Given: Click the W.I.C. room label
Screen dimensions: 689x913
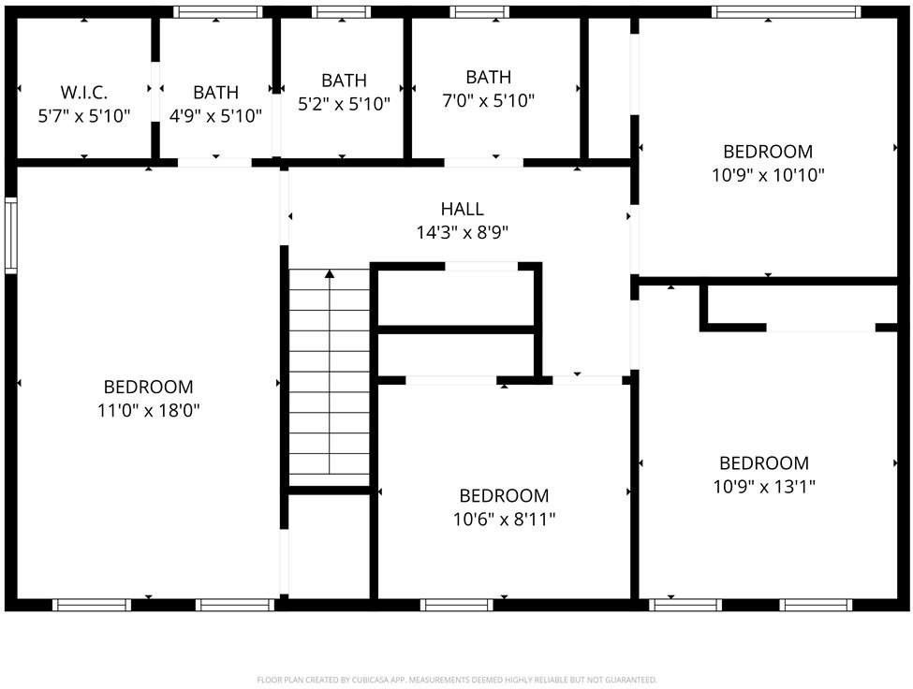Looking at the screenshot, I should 84,93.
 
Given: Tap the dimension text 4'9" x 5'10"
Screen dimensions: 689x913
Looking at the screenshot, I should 215,116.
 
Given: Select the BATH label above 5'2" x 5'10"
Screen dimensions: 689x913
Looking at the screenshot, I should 344,81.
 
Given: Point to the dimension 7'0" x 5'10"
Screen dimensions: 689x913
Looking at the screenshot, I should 488,101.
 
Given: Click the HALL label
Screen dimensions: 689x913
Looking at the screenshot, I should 463,209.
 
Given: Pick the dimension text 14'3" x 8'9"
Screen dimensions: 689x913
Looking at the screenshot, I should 463,232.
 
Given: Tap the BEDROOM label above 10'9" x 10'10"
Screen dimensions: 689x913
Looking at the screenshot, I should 768,151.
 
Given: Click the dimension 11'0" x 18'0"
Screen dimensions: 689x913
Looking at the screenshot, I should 148,410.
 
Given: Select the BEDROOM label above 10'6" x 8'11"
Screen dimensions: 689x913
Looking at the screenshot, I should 504,496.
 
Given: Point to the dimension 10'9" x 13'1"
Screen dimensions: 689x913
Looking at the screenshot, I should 764,487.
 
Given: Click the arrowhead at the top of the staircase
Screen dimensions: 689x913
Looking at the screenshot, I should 330,273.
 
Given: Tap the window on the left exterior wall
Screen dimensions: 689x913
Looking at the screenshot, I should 10,235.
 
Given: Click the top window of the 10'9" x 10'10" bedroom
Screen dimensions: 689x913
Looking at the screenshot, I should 786,12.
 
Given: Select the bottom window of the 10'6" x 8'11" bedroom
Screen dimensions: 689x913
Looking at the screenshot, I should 457,605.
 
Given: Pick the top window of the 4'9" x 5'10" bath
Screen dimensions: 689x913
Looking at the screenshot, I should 218,12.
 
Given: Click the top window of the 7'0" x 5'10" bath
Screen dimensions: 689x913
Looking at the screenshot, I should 479,12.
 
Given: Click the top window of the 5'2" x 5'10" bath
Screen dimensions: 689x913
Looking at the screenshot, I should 341,12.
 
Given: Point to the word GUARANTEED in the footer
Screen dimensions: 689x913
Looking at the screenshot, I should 635,680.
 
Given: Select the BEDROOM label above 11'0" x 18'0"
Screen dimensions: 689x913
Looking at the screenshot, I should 148,387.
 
